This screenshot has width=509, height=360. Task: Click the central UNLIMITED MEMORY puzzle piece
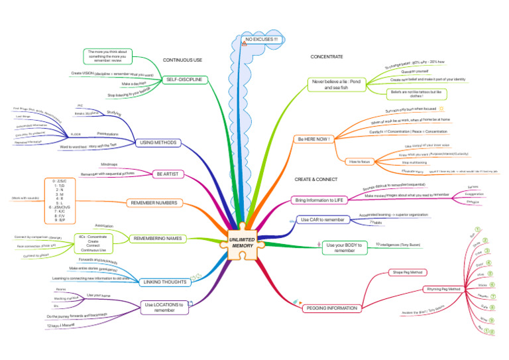[x=243, y=242]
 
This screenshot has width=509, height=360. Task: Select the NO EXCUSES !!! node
[x=264, y=40]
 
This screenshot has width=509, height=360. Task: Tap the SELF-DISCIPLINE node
[x=184, y=80]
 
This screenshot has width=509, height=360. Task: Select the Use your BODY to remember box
[x=344, y=247]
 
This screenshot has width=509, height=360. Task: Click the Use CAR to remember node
[x=323, y=219]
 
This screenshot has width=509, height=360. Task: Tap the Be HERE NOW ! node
[x=315, y=139]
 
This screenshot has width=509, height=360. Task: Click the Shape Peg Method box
[x=408, y=272]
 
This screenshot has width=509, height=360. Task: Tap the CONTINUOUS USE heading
[x=182, y=60]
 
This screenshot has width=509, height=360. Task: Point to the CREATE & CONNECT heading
[x=315, y=180]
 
